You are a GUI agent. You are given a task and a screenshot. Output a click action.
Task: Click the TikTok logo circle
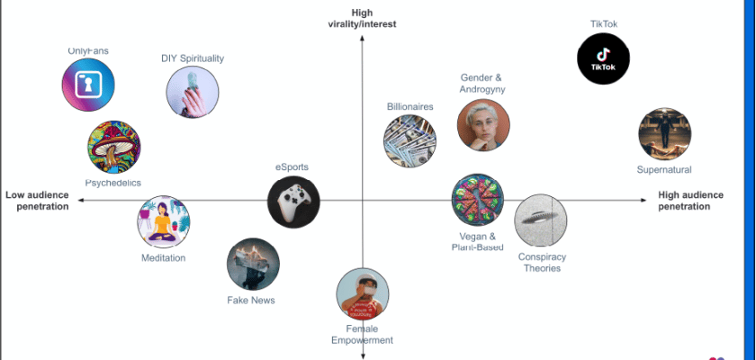coord(603,58)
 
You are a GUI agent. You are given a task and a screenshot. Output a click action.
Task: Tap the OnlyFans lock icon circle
coord(88,85)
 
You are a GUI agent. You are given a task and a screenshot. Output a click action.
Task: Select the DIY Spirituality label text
coord(193,58)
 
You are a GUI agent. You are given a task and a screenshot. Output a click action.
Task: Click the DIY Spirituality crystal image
coord(193,92)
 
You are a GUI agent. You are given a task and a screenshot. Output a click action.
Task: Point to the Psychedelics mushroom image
coord(114,147)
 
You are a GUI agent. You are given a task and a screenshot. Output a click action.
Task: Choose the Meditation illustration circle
coord(163,221)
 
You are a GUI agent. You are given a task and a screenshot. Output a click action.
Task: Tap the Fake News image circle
coord(253,264)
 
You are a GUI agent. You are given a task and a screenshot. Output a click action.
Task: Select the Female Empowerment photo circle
coord(363,294)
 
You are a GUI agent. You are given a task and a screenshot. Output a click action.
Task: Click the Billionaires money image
coord(409,141)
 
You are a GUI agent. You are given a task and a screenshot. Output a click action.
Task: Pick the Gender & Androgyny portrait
coord(483,125)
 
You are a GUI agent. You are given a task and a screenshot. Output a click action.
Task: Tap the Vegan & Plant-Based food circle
coord(477,200)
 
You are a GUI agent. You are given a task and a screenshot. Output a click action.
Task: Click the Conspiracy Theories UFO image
coord(540,220)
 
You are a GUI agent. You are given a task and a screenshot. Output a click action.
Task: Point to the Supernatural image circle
coord(664,134)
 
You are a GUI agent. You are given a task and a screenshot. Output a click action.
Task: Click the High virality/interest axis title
coord(362,18)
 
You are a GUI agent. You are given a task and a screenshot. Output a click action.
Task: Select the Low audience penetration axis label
coord(38,200)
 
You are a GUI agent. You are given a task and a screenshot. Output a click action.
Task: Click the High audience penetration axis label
coord(697,200)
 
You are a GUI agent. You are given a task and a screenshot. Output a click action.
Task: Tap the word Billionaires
coord(410,106)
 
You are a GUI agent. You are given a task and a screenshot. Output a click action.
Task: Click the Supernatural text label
coord(664,169)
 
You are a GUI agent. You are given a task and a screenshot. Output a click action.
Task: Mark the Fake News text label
coord(251,300)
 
